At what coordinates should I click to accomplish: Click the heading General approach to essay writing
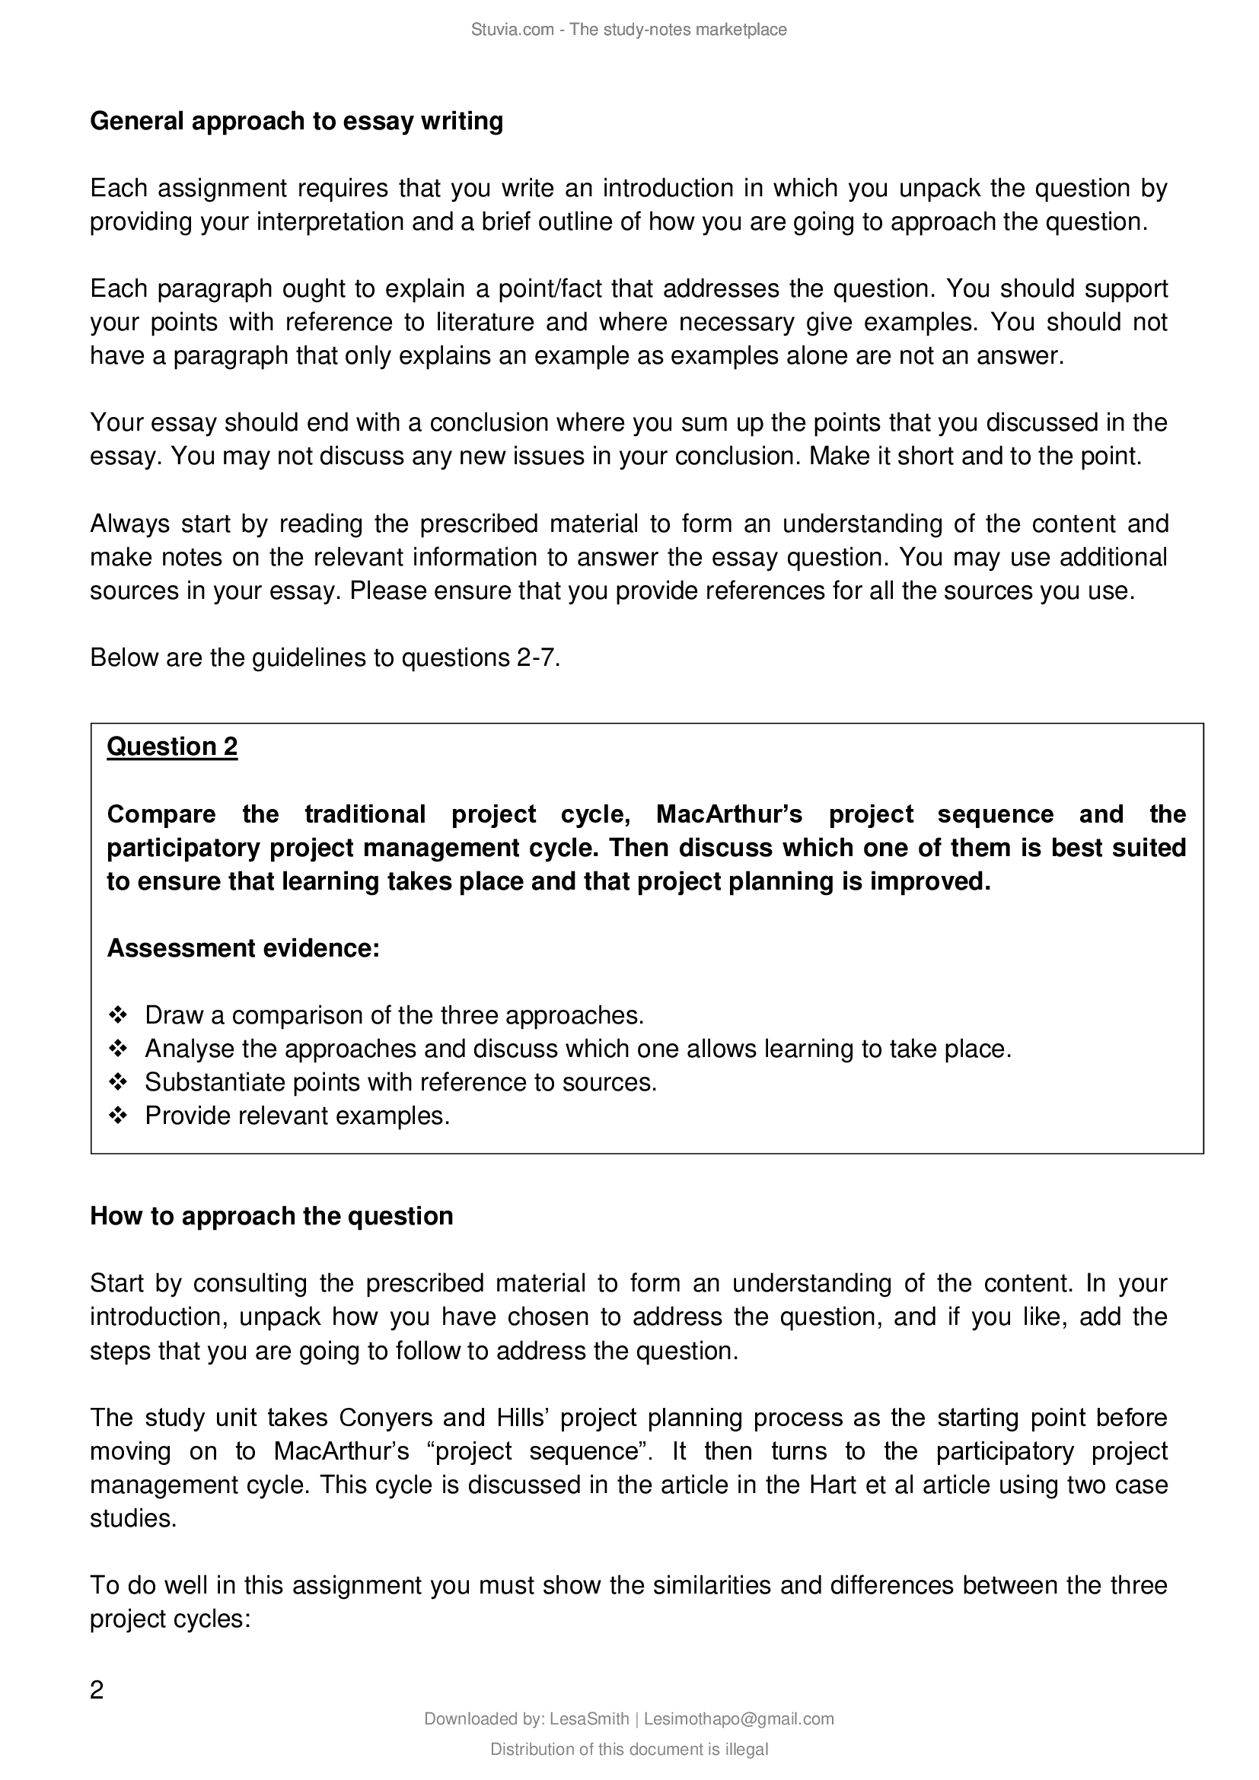[x=296, y=122]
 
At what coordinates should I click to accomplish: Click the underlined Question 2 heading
[x=172, y=747]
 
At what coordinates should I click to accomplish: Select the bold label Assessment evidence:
[x=243, y=948]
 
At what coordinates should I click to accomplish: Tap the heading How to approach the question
[x=271, y=1216]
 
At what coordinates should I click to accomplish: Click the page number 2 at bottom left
[x=97, y=1689]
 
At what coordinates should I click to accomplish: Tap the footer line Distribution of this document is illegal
[x=629, y=1750]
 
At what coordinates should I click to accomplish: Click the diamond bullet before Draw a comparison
[x=118, y=1015]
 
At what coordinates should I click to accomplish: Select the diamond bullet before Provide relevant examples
[x=118, y=1116]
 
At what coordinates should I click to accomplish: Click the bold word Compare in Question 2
[x=161, y=814]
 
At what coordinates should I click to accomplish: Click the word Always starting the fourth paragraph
[x=129, y=524]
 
